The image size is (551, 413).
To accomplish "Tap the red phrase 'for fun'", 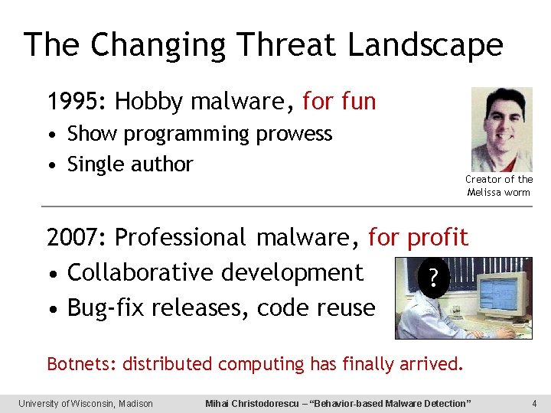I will click(x=339, y=102).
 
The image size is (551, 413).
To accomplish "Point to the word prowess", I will click(x=295, y=134).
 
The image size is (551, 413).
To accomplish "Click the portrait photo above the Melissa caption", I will click(x=500, y=129).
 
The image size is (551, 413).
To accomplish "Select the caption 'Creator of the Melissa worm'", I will click(x=499, y=186).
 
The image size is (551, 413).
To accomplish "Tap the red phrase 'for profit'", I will click(x=418, y=238).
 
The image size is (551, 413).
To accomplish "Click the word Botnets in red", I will click(x=81, y=363).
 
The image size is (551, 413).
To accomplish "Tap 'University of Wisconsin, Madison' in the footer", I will click(x=86, y=403).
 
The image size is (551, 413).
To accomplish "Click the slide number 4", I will click(x=534, y=403).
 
